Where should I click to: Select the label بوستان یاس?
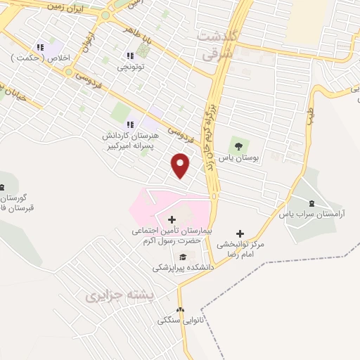tap(239, 158)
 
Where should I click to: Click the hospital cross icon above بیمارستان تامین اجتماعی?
tap(172, 220)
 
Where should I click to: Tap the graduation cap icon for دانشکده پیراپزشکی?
tap(183, 257)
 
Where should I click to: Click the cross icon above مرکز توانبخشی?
tap(240, 233)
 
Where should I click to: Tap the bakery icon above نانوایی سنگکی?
tap(180, 309)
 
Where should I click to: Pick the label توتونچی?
tap(130, 68)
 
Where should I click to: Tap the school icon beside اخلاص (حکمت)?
tap(41, 47)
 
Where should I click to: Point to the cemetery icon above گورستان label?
tap(2, 186)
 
